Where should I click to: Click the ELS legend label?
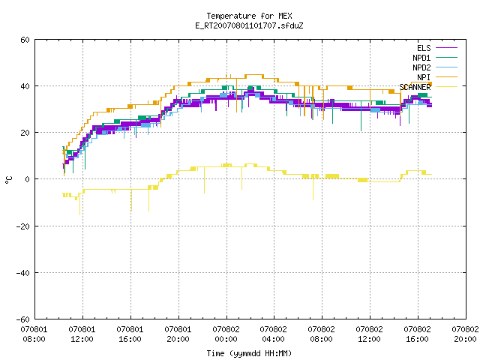point(424,48)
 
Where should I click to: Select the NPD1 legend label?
point(421,58)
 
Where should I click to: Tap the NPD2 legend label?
point(421,67)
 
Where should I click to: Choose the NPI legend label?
point(424,77)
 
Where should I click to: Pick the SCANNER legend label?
point(415,87)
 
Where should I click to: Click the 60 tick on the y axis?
point(25,40)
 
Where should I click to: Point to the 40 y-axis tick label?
point(25,86)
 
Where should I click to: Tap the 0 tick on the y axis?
point(27,179)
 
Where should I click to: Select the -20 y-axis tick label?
point(23,226)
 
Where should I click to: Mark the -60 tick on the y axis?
point(23,319)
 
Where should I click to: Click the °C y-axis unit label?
point(8,180)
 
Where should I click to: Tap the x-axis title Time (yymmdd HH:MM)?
point(249,353)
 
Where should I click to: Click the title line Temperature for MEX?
point(249,16)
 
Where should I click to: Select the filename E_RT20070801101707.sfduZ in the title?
point(249,25)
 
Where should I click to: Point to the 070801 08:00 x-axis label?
point(34,334)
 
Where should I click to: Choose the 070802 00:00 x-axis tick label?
point(226,334)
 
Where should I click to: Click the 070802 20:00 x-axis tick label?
point(465,334)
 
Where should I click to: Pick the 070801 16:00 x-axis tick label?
point(130,334)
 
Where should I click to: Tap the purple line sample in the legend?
point(446,48)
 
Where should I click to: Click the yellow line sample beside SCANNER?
point(446,87)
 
